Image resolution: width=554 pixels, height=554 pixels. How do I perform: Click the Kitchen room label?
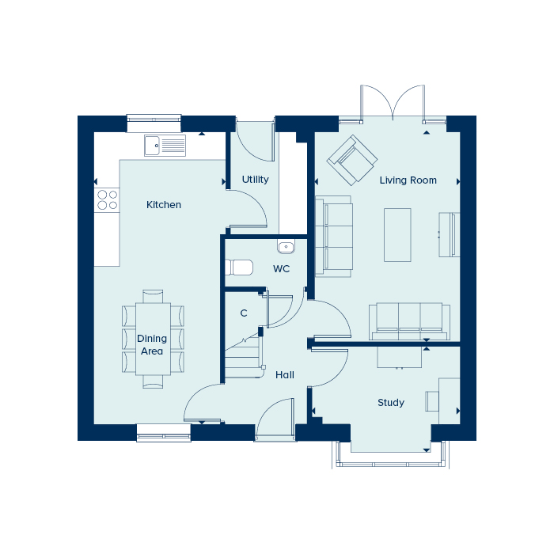[164, 204]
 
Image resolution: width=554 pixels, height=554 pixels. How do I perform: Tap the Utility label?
[255, 180]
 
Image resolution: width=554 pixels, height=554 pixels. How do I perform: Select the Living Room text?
[408, 180]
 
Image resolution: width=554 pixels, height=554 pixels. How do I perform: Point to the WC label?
[281, 269]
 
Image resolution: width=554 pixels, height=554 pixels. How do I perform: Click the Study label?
[391, 402]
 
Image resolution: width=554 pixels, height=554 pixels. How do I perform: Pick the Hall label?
[285, 375]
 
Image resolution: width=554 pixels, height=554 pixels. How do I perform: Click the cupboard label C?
[244, 313]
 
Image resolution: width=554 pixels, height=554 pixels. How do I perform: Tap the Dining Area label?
[152, 345]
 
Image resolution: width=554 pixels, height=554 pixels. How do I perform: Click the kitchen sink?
[165, 145]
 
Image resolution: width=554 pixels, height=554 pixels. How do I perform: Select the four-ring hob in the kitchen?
[107, 199]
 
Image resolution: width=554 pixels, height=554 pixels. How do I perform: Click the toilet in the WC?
[239, 268]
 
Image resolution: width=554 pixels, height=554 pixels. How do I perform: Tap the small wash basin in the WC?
[286, 247]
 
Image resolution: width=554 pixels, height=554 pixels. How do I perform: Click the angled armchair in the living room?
[352, 160]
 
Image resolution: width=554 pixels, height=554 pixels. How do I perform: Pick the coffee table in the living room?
[397, 235]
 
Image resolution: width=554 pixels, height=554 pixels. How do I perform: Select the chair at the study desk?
[432, 401]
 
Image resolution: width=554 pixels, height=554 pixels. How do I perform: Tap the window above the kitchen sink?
[154, 120]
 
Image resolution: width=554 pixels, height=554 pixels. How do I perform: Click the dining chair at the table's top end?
[153, 296]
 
